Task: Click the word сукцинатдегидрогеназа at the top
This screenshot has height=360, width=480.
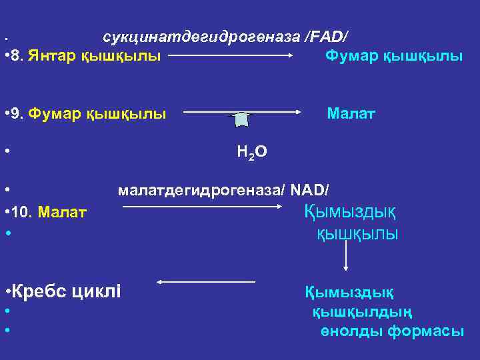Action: click(x=201, y=36)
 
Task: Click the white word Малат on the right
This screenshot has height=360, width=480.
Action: click(x=351, y=114)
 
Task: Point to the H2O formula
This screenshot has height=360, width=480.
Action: click(x=251, y=153)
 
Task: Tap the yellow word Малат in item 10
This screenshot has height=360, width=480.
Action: click(x=63, y=213)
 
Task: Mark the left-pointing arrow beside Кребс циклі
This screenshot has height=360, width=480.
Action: click(x=198, y=283)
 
